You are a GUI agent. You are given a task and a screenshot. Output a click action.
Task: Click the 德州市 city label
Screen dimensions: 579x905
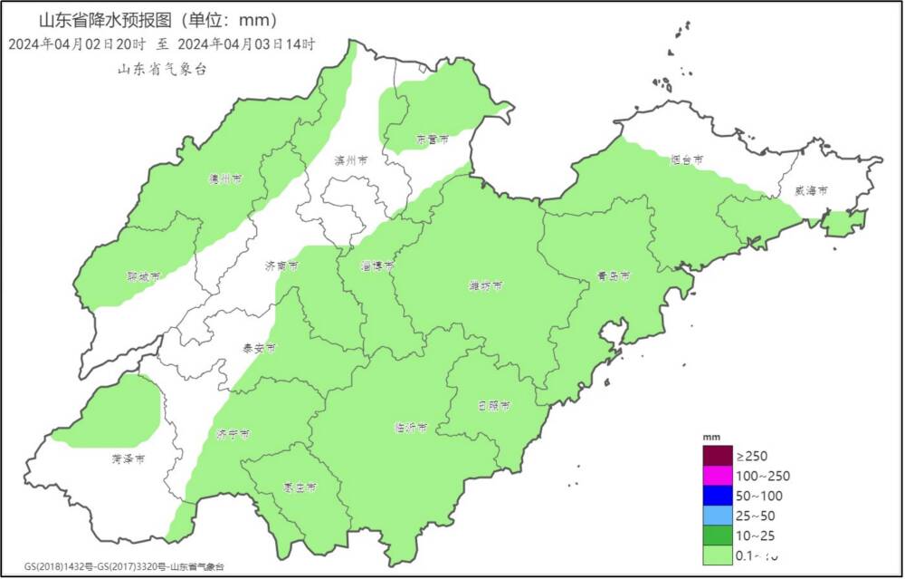tap(225, 179)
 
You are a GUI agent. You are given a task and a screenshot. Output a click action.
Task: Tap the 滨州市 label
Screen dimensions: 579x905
tap(351, 160)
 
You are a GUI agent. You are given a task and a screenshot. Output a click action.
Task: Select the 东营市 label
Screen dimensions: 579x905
tap(433, 140)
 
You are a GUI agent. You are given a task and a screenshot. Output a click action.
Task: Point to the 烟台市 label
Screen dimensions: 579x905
tap(687, 159)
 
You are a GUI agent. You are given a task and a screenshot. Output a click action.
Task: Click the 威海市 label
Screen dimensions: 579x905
tap(811, 190)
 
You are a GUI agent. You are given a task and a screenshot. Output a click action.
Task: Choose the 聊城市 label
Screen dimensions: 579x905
tap(144, 275)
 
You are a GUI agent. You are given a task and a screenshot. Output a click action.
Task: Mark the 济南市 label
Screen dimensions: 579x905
tap(281, 266)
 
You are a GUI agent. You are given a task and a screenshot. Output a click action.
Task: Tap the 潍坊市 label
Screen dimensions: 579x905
tap(486, 286)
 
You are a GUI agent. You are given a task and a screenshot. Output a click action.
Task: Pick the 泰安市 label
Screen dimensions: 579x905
tap(259, 347)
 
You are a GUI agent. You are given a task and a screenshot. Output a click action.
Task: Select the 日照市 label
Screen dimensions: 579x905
tap(493, 405)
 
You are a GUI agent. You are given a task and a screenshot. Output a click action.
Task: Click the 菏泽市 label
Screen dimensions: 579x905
tap(129, 459)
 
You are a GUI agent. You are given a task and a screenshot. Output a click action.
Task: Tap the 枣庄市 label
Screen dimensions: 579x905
tap(300, 487)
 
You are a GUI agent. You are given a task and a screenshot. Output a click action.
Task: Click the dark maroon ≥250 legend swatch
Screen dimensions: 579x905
tap(717, 456)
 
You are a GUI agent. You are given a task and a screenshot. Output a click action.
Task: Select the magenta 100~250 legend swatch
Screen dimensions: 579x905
tap(717, 476)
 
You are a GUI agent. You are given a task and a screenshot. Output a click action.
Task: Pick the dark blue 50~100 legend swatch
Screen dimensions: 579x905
tap(717, 496)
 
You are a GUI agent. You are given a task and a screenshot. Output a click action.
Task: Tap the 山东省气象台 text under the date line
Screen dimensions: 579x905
tap(162, 70)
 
